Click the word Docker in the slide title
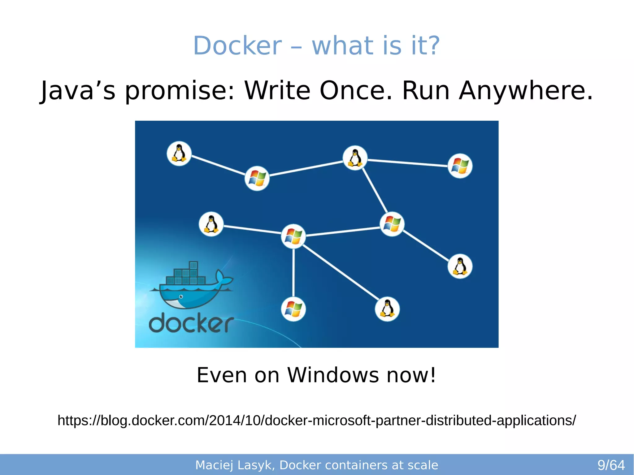237,46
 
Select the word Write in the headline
277,90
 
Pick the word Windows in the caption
333,375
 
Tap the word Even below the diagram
222,375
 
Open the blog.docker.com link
317,421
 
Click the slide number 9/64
611,465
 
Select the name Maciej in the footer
214,465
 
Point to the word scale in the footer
423,465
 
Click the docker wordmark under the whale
191,323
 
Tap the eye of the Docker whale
181,297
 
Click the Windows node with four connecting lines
293,236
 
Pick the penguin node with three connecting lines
355,158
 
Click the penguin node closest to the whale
211,224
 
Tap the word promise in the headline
180,90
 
